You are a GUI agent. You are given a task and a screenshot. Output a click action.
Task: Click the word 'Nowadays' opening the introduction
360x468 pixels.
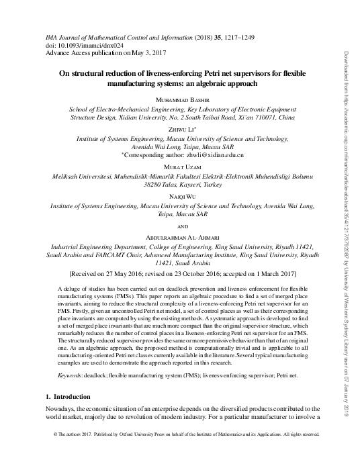pyautogui.click(x=56, y=412)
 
